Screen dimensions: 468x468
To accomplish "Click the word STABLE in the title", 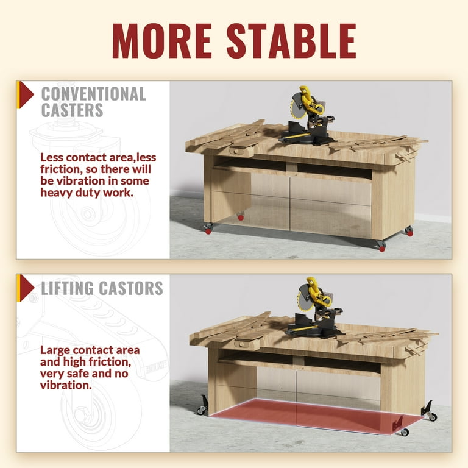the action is point(291,41).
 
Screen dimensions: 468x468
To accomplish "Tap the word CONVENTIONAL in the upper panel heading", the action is point(94,94).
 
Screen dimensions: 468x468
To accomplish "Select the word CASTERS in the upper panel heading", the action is point(73,110).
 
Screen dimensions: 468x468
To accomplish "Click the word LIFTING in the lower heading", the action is point(67,288).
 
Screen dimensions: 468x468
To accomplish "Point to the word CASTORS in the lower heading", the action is point(131,288).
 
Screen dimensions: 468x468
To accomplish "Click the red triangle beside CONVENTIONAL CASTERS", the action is point(27,95).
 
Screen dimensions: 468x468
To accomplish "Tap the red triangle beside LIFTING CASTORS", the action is point(27,288).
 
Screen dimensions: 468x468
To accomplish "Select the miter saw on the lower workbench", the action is point(315,308).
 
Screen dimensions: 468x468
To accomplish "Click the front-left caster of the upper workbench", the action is point(208,229).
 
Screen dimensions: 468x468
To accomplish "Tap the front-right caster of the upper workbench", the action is point(381,246).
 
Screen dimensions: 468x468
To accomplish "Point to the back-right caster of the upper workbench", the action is point(409,231).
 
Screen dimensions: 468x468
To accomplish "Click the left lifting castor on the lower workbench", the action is point(202,405).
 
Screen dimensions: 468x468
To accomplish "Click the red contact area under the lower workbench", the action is point(316,416).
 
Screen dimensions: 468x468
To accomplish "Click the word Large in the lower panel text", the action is point(55,350).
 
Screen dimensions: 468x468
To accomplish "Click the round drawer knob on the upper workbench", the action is point(236,152).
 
